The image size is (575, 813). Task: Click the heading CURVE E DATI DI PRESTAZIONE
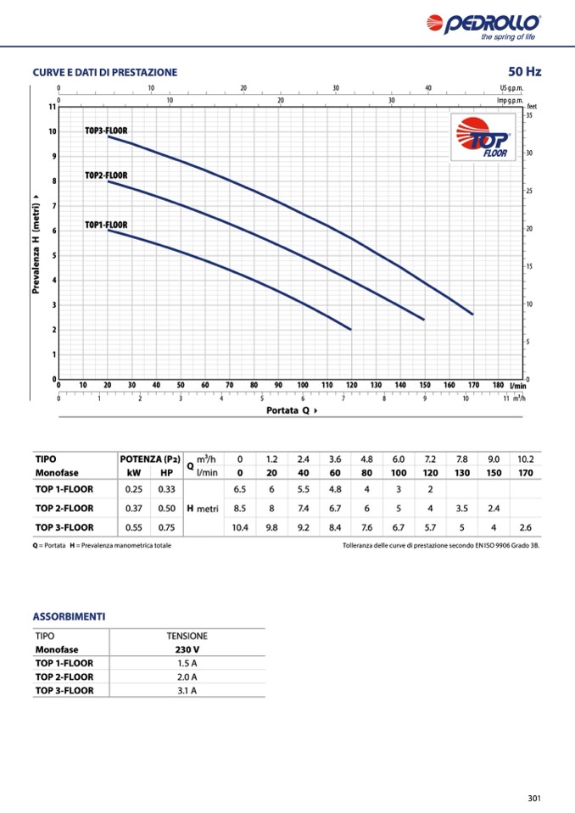pos(105,72)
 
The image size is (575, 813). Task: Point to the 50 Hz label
pos(524,71)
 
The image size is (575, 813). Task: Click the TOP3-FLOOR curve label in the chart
pos(106,131)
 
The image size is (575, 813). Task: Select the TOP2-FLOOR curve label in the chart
pos(106,175)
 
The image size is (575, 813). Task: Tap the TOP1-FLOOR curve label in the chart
pos(106,225)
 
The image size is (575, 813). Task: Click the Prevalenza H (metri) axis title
pos(36,242)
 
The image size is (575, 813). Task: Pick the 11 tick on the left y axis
pos(52,107)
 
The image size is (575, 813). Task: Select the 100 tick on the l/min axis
pos(303,385)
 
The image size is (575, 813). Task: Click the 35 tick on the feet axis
pos(529,115)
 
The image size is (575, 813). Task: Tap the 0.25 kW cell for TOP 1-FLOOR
pos(133,489)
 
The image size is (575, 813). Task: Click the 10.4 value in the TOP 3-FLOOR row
pos(240,526)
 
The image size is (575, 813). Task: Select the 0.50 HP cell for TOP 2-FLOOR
pos(166,508)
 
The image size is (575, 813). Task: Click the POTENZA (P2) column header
pos(150,459)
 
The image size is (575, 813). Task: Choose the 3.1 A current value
pos(187,690)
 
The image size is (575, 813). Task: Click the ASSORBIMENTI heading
pos(69,616)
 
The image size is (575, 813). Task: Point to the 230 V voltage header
pos(187,649)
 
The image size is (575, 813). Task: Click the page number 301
pos(533,798)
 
